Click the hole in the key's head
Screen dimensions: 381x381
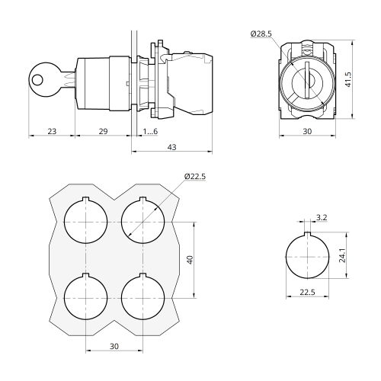[38, 80]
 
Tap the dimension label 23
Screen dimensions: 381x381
[52, 131]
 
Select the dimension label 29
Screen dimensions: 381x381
[103, 131]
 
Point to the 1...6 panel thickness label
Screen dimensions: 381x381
[150, 131]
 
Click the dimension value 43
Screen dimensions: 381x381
[172, 147]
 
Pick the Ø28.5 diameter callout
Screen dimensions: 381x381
[261, 34]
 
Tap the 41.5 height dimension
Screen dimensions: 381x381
[348, 79]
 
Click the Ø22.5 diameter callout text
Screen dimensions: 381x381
[195, 176]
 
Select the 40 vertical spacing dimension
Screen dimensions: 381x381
[190, 260]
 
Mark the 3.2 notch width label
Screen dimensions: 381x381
[322, 217]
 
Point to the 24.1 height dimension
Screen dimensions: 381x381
[342, 255]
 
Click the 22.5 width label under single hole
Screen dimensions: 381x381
[307, 292]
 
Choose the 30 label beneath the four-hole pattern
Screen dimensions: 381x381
[114, 346]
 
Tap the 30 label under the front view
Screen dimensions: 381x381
[307, 131]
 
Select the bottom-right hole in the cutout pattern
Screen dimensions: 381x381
[143, 296]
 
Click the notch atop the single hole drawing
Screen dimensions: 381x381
[307, 234]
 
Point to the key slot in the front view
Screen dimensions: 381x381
[307, 81]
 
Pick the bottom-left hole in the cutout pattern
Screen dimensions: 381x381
[86, 296]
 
